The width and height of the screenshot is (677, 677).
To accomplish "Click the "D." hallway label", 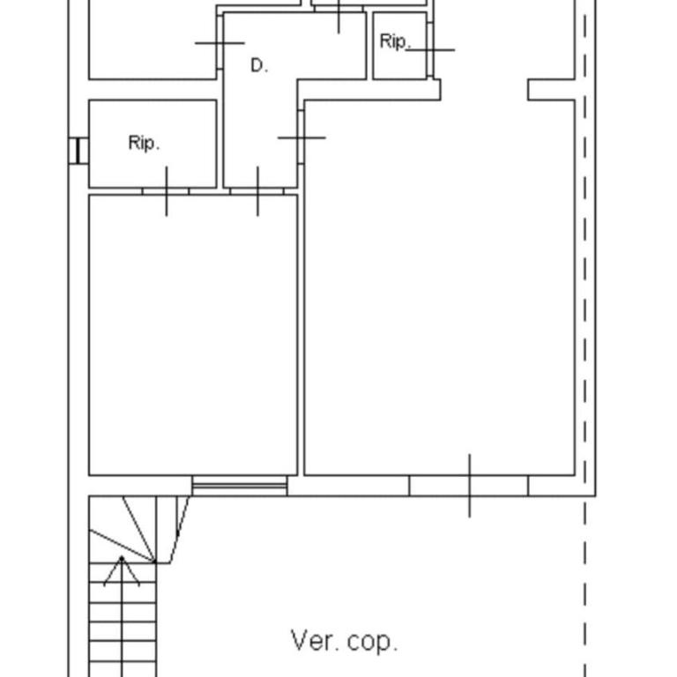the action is tap(259, 65).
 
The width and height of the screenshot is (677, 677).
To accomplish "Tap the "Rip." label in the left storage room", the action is tap(145, 143).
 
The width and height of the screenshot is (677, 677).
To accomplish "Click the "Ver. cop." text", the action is tap(344, 641).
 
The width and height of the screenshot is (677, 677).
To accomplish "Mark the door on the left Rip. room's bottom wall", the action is tap(167, 191).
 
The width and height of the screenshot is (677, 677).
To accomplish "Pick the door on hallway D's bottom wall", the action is tap(257, 191).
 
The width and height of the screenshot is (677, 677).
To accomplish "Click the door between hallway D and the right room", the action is tap(301, 138).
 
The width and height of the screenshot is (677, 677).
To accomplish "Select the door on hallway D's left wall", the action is tap(219, 42).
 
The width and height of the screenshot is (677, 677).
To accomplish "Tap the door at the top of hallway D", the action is tap(338, 9).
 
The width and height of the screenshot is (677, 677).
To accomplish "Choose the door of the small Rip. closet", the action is tap(430, 49).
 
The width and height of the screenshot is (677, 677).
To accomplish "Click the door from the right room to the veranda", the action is tap(469, 486).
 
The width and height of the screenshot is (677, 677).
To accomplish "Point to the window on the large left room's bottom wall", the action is tap(240, 486).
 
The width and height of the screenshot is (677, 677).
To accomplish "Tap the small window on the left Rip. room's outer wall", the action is tap(78, 151).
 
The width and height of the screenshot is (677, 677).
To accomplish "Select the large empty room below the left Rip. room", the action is tap(193, 335).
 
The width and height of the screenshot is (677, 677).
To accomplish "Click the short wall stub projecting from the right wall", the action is tap(551, 90).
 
